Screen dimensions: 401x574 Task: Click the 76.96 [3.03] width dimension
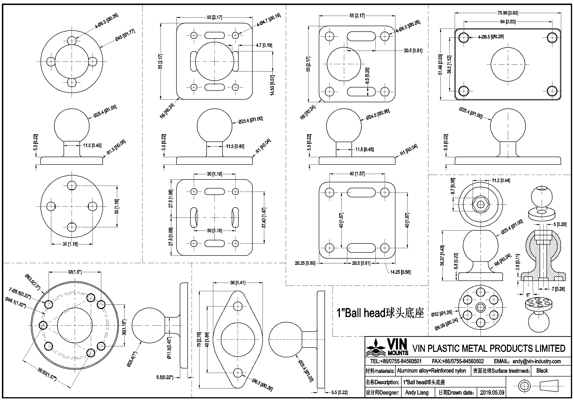tap(508, 13)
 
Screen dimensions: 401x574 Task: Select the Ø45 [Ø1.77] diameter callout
tap(125, 35)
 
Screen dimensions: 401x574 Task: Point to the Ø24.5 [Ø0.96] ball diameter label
tap(378, 114)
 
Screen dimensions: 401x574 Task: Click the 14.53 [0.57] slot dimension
tap(272, 85)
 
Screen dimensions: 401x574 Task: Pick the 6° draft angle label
tap(528, 295)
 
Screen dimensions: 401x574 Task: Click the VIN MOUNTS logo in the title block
tap(387, 347)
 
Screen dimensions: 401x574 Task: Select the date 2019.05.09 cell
tap(492, 392)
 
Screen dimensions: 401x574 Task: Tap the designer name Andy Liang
tap(417, 392)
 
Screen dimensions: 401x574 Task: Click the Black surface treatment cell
tap(542, 371)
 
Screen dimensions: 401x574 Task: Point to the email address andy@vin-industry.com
tap(536, 361)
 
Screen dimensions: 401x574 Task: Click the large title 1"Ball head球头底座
tap(380, 313)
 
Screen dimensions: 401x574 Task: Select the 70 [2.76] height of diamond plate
tap(199, 339)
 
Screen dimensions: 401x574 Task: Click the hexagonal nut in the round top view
tap(481, 204)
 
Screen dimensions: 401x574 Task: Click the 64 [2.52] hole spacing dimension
tap(508, 22)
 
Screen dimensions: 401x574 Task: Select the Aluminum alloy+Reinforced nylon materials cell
tap(431, 371)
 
